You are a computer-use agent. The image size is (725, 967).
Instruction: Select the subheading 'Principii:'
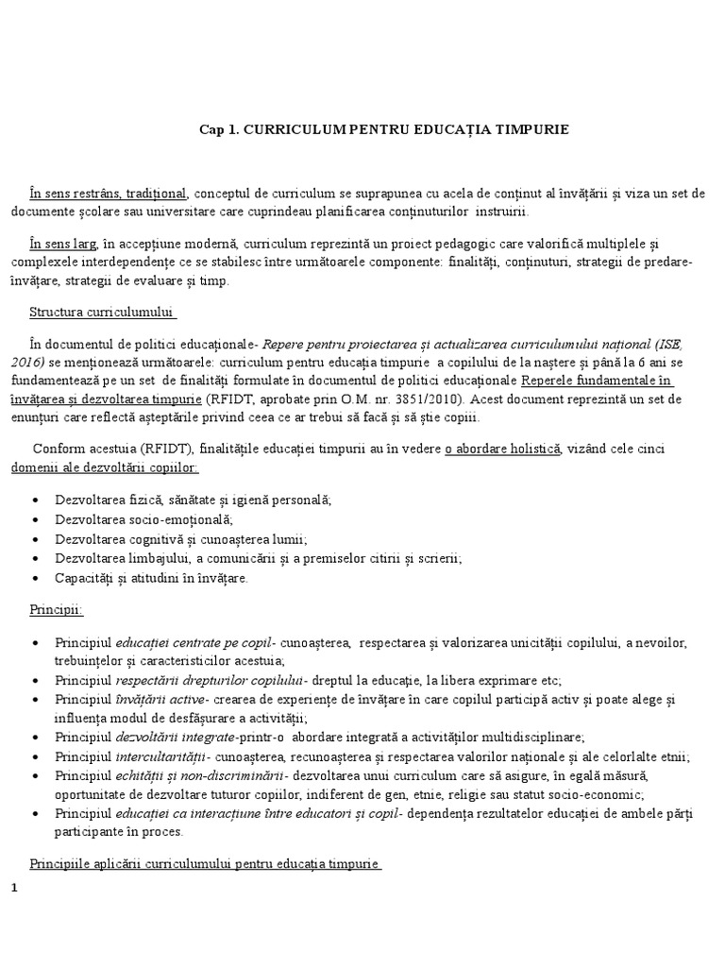(x=56, y=610)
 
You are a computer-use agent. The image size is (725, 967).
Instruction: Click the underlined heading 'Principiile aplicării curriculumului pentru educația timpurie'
(x=204, y=864)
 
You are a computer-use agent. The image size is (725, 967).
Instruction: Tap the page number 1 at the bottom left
(x=14, y=889)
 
